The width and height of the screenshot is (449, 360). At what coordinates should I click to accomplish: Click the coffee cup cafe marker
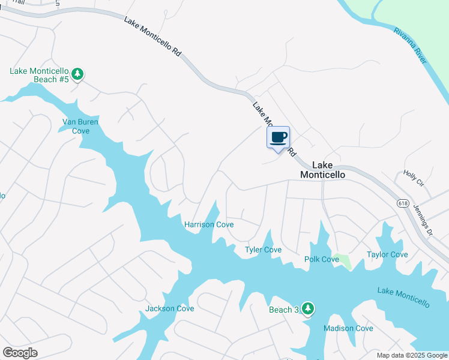[x=278, y=137]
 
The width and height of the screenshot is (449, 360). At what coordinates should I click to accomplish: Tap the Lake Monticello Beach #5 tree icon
[x=77, y=74]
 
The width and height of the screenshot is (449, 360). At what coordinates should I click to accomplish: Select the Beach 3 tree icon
[x=308, y=308]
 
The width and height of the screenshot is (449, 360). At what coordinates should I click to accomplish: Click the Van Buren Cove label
[x=80, y=127]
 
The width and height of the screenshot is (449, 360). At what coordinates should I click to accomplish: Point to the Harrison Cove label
[x=208, y=224]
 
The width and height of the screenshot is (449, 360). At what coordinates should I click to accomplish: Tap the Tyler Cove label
[x=263, y=250]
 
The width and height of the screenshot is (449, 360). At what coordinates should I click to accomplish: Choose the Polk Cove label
[x=322, y=259]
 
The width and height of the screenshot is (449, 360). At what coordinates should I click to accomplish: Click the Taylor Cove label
[x=387, y=254]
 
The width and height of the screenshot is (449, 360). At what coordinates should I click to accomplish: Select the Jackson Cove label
[x=170, y=308]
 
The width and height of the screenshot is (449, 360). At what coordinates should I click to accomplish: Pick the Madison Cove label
[x=348, y=328]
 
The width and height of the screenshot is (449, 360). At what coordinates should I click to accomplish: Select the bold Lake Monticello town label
[x=322, y=170]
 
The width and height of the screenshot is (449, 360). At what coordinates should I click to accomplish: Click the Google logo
[x=20, y=353]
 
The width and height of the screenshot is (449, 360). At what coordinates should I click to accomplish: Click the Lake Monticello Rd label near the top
[x=153, y=36]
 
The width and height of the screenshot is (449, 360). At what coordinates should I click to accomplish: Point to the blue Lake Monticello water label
[x=403, y=298]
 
